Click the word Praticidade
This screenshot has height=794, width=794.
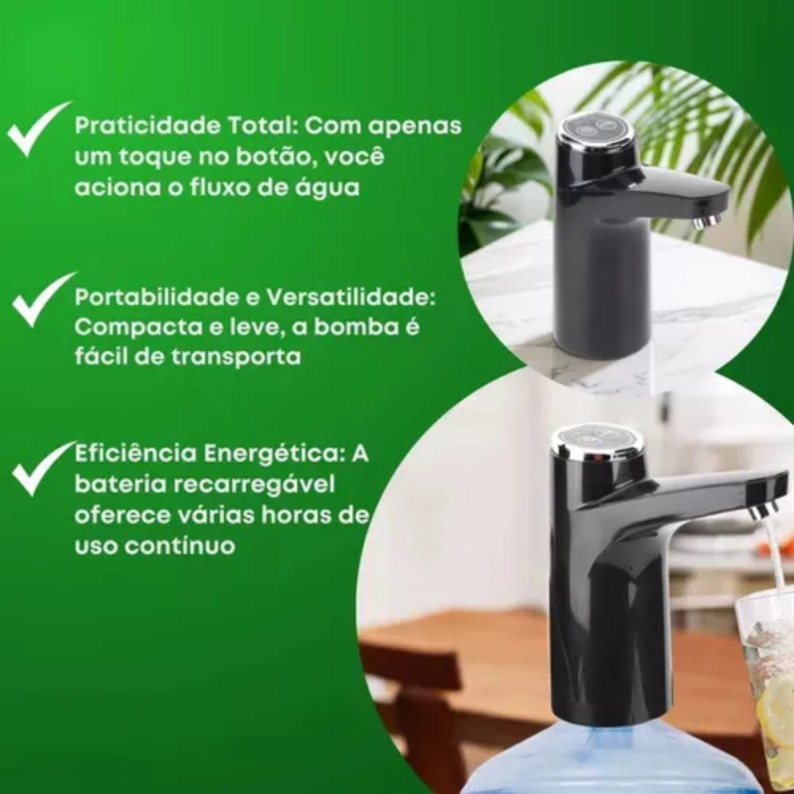[x=148, y=125]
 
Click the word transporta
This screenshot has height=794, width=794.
[x=236, y=357]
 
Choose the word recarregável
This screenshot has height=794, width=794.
[x=254, y=485]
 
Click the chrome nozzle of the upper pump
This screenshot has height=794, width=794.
[x=707, y=222]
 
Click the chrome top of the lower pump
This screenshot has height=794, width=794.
[x=597, y=441]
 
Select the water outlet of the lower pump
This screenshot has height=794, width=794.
[x=763, y=510]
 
